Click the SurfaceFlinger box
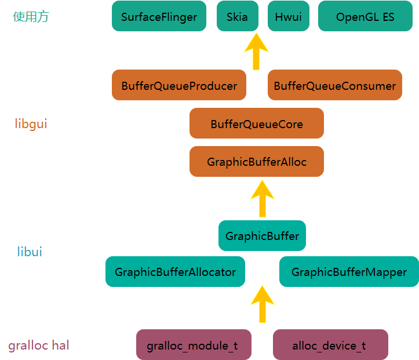(x=159, y=16)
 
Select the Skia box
(x=238, y=16)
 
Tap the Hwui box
(x=288, y=16)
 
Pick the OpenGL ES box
(x=365, y=16)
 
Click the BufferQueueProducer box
(x=179, y=85)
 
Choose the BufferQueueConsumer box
(x=334, y=85)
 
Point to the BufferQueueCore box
(x=256, y=123)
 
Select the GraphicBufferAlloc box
(x=256, y=162)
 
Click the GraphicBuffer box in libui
(x=262, y=236)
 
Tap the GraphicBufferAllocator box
(x=175, y=272)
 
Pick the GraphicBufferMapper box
(x=349, y=272)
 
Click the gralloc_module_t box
(x=194, y=345)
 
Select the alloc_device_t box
(x=330, y=345)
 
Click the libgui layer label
(x=31, y=123)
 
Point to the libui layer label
(x=30, y=252)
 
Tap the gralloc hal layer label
(x=39, y=346)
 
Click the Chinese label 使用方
(x=31, y=17)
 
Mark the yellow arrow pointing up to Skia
(x=256, y=52)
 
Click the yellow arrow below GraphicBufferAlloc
(x=262, y=199)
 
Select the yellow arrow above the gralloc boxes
(x=262, y=304)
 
